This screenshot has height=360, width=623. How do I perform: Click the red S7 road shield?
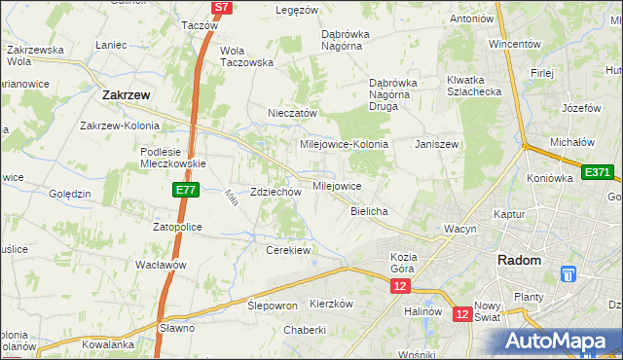(x=222, y=7)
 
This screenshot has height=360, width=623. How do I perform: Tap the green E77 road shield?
(x=188, y=191)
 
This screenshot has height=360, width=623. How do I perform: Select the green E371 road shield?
(x=599, y=172)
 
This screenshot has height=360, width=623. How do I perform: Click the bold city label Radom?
(x=519, y=260)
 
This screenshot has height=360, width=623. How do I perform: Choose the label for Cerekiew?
(x=288, y=250)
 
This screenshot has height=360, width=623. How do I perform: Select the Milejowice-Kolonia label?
(x=345, y=144)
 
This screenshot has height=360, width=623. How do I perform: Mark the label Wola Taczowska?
(x=246, y=56)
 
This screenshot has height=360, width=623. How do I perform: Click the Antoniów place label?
(x=471, y=18)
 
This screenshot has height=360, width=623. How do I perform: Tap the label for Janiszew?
(x=436, y=144)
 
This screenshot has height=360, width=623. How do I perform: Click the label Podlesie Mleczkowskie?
(x=171, y=158)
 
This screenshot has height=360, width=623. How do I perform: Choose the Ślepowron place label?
(x=272, y=305)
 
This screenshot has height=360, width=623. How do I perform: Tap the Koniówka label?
(x=552, y=177)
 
